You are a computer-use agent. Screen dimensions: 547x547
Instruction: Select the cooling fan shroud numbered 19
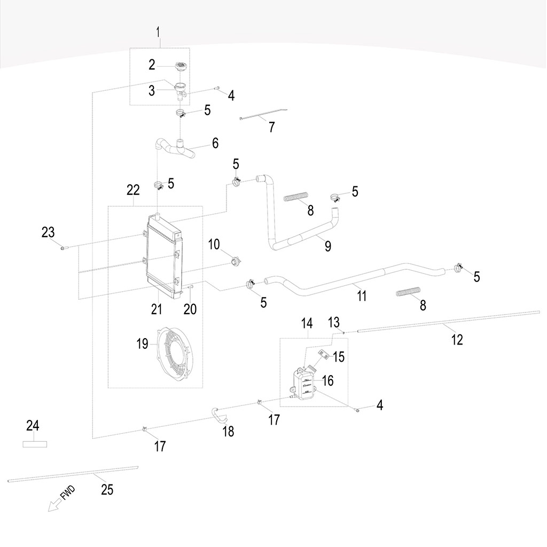click(171, 355)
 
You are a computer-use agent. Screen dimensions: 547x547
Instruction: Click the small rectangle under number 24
click(35, 443)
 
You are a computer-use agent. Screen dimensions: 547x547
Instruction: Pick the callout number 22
click(133, 190)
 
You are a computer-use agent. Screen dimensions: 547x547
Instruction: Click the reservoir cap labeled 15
click(322, 354)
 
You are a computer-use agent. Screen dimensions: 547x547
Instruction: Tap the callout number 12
click(457, 339)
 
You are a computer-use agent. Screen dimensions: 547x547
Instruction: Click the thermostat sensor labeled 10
click(234, 262)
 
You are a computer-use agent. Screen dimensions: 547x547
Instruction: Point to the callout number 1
click(158, 32)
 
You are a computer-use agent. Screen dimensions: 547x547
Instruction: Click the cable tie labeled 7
click(264, 117)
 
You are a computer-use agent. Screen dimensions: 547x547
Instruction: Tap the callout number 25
click(107, 489)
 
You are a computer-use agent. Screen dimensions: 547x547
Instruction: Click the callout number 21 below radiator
click(156, 309)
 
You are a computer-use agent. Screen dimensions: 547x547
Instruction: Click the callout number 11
click(362, 295)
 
